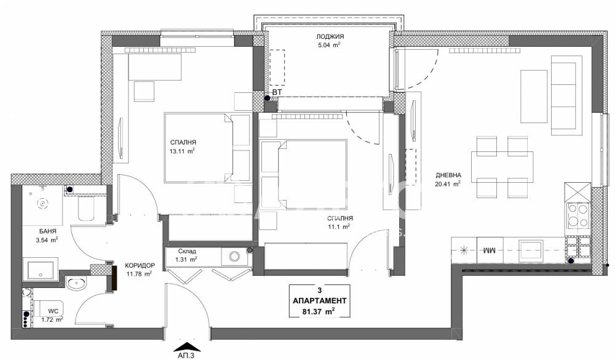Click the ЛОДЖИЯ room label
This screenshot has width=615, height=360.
[x=326, y=37]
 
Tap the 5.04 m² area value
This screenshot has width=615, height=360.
[x=326, y=45]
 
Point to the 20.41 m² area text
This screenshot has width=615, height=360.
[x=447, y=182]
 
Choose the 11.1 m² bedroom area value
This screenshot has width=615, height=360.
[x=338, y=226]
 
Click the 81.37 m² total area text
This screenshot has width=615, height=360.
[x=320, y=311]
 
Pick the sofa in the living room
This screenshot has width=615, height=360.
[x=566, y=95]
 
